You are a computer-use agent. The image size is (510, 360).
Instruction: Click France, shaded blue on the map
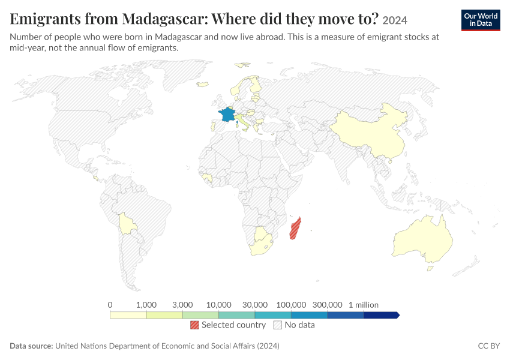pyautogui.click(x=227, y=115)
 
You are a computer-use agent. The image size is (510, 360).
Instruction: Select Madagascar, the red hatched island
pyautogui.click(x=295, y=229)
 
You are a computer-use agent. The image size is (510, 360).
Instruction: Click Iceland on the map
pyautogui.click(x=203, y=84)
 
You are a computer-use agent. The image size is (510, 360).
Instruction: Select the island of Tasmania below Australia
pyautogui.click(x=430, y=268)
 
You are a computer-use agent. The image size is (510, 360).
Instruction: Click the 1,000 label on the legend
pyautogui.click(x=146, y=305)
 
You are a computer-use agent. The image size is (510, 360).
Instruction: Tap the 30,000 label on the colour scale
pyautogui.click(x=255, y=305)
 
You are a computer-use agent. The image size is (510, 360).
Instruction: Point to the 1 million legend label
pyautogui.click(x=364, y=305)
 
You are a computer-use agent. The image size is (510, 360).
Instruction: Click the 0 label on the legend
pyautogui.click(x=110, y=305)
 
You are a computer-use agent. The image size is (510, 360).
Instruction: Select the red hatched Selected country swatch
pyautogui.click(x=194, y=325)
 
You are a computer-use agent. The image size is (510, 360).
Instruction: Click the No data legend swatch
pyautogui.click(x=278, y=325)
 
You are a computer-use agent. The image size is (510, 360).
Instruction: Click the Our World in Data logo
pyautogui.click(x=481, y=20)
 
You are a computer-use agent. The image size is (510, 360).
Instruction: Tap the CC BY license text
pyautogui.click(x=489, y=346)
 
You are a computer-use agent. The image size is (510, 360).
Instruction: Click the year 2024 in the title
pyautogui.click(x=395, y=20)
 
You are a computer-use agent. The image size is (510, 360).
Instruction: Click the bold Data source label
pyautogui.click(x=31, y=346)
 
